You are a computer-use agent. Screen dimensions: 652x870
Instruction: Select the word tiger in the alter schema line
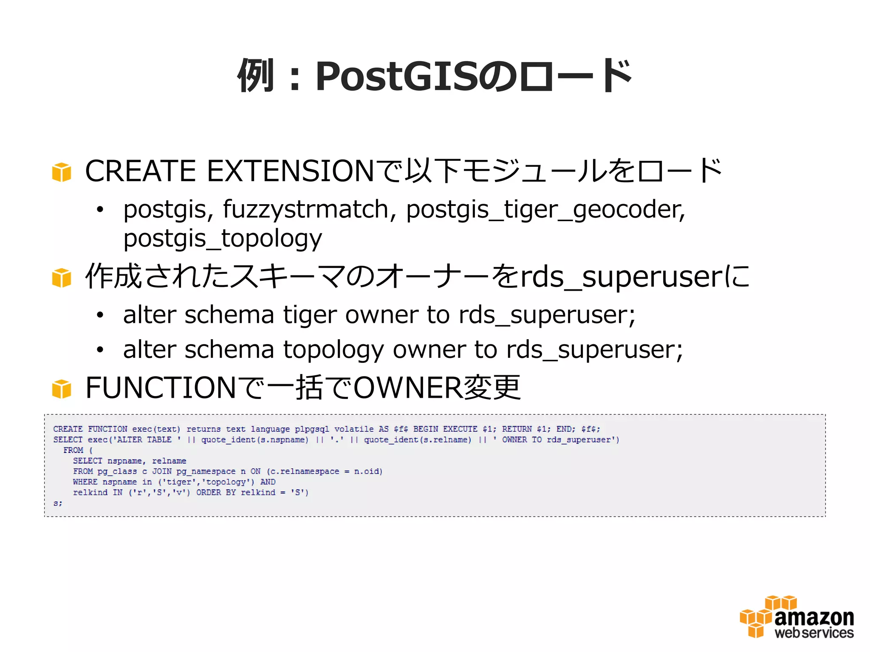[x=310, y=315]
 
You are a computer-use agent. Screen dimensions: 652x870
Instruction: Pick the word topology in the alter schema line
[x=333, y=350]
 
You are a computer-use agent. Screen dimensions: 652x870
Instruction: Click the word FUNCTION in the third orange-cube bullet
[x=161, y=388]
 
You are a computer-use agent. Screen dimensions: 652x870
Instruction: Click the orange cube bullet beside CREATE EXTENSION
[x=62, y=172]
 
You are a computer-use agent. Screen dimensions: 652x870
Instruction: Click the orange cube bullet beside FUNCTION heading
[x=62, y=389]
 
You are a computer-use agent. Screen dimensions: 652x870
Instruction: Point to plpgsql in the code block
[x=312, y=429]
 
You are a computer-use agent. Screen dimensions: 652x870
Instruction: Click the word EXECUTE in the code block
[x=460, y=429]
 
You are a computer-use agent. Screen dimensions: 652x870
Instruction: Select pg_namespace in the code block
[x=206, y=472]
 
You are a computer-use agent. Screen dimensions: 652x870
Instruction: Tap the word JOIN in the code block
[x=162, y=472]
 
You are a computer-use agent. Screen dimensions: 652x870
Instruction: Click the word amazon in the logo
[x=814, y=618]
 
